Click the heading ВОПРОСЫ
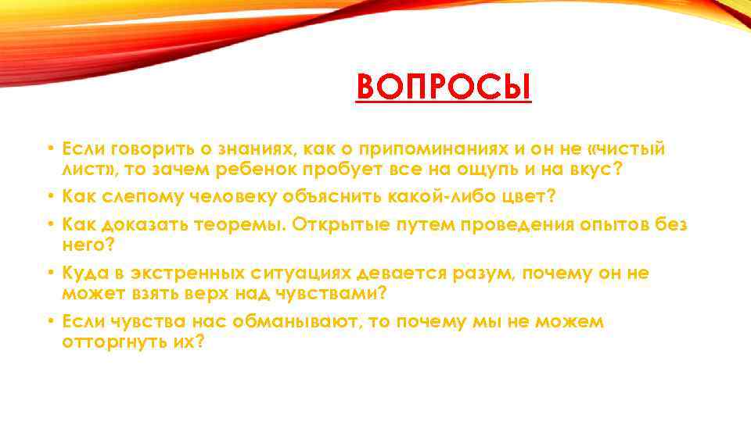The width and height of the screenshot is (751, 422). [444, 88]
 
